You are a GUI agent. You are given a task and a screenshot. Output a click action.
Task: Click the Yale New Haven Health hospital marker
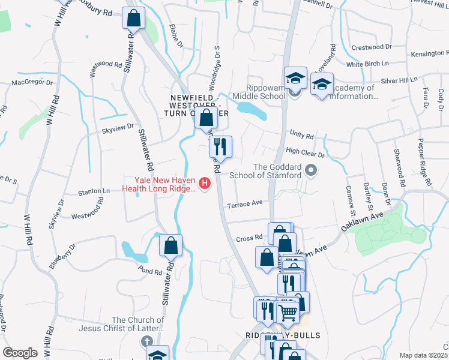pyautogui.click(x=205, y=183)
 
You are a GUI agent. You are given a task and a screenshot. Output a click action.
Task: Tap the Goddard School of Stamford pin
pyautogui.click(x=310, y=171)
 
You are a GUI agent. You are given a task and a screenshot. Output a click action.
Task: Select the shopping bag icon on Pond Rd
pyautogui.click(x=171, y=245)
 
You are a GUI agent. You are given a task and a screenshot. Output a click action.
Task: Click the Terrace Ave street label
pyautogui.click(x=245, y=203)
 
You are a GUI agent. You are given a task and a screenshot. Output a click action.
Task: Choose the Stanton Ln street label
pyautogui.click(x=94, y=191)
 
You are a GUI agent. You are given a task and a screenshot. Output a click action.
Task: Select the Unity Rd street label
pyautogui.click(x=302, y=136)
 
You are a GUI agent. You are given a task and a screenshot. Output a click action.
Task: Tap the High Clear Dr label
pyautogui.click(x=305, y=154)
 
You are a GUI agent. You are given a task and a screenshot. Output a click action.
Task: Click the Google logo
pyautogui.click(x=20, y=353)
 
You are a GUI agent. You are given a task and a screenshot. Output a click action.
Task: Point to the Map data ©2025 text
pyautogui.click(x=423, y=355)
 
